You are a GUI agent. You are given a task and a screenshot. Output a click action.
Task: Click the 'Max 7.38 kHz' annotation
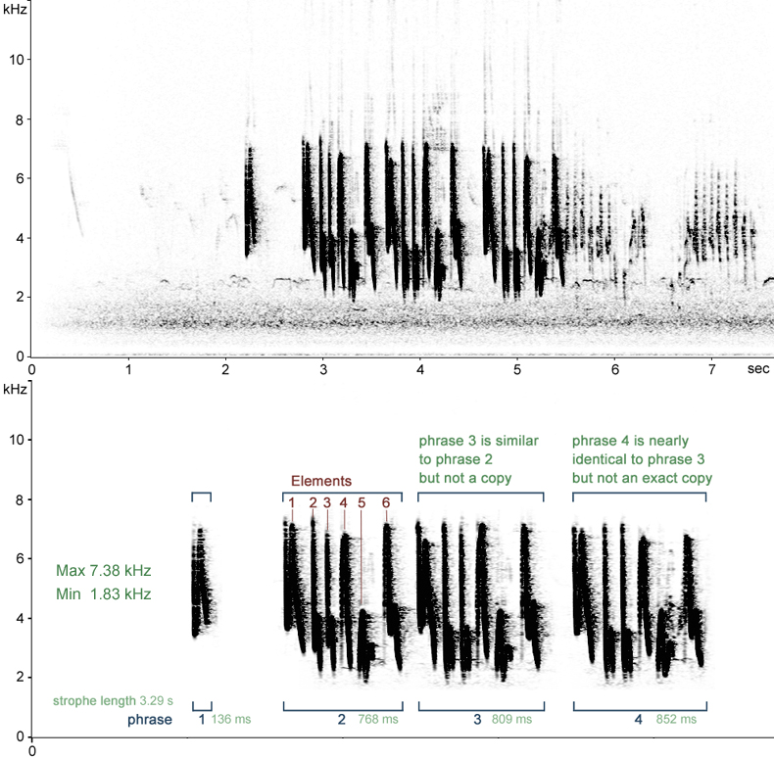coord(103,571)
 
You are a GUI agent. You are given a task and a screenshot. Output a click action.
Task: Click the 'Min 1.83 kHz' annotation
coord(103,593)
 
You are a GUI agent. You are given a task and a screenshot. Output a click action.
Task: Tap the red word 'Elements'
coord(320,481)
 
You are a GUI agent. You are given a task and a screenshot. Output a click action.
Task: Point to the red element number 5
coord(362,502)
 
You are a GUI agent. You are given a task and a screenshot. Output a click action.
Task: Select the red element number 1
coord(291,502)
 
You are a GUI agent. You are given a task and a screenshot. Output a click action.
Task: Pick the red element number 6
coord(386,502)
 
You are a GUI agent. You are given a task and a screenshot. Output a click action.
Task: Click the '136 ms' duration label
coord(231,720)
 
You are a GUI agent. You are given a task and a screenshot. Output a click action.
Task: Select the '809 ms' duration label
coord(511,720)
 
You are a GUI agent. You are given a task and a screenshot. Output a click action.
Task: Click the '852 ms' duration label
coord(676,720)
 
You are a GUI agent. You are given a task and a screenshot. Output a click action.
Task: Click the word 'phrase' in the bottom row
coord(150,720)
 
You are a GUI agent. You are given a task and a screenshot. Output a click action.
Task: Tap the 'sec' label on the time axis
coord(756,369)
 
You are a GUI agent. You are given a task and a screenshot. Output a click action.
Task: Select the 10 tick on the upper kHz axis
coord(16,59)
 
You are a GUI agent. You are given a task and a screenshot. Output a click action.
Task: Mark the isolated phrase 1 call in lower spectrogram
coord(202,581)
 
